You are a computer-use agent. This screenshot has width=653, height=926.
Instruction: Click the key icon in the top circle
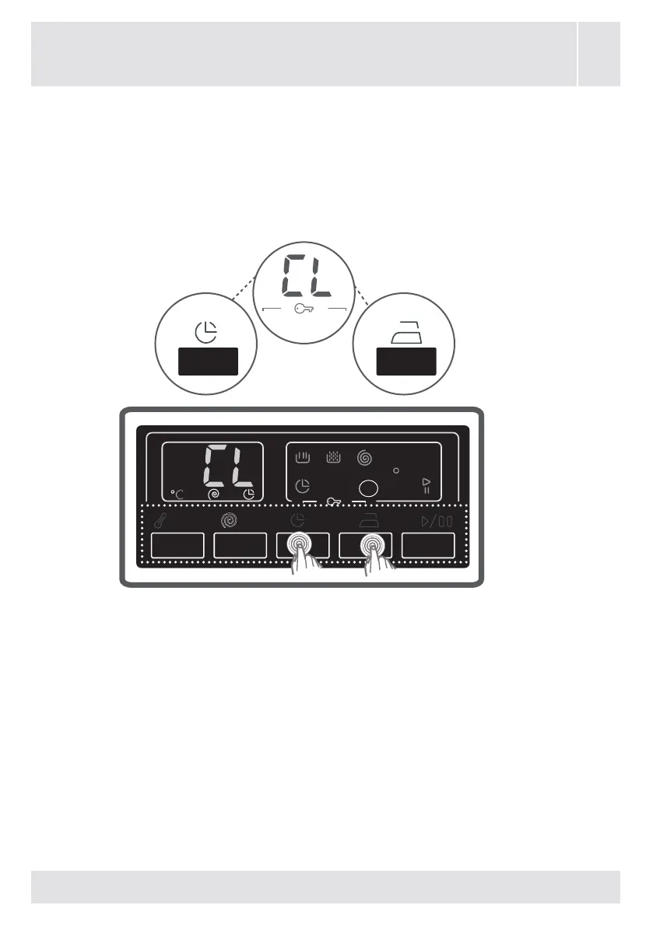pos(305,309)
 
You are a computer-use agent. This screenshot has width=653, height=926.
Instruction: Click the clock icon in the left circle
pos(205,334)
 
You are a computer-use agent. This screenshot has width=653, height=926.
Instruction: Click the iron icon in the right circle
pos(404,334)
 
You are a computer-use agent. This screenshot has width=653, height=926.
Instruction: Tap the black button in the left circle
pos(207,362)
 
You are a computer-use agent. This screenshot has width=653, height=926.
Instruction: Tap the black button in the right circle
pos(405,362)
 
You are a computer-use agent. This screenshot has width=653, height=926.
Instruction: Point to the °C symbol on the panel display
pos(177,493)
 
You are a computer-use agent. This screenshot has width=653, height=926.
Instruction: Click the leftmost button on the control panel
pos(177,545)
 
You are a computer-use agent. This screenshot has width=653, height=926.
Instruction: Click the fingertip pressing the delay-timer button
pos(298,546)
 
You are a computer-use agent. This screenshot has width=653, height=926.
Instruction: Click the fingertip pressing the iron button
pos(373,546)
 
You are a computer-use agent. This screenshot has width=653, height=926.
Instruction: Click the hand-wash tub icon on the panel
pos(303,459)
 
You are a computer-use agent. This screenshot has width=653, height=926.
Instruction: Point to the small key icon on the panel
pos(334,502)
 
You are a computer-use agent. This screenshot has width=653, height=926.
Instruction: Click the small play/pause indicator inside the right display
pos(426,486)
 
